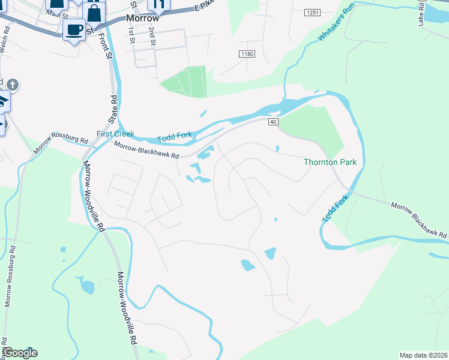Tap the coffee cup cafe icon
point(74,29)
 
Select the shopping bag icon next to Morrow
point(94,11)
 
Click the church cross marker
point(12,85)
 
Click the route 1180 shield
point(247,55)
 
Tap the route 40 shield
point(273,122)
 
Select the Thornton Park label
point(330,162)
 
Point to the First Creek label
point(115,134)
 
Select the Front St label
point(109,46)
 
